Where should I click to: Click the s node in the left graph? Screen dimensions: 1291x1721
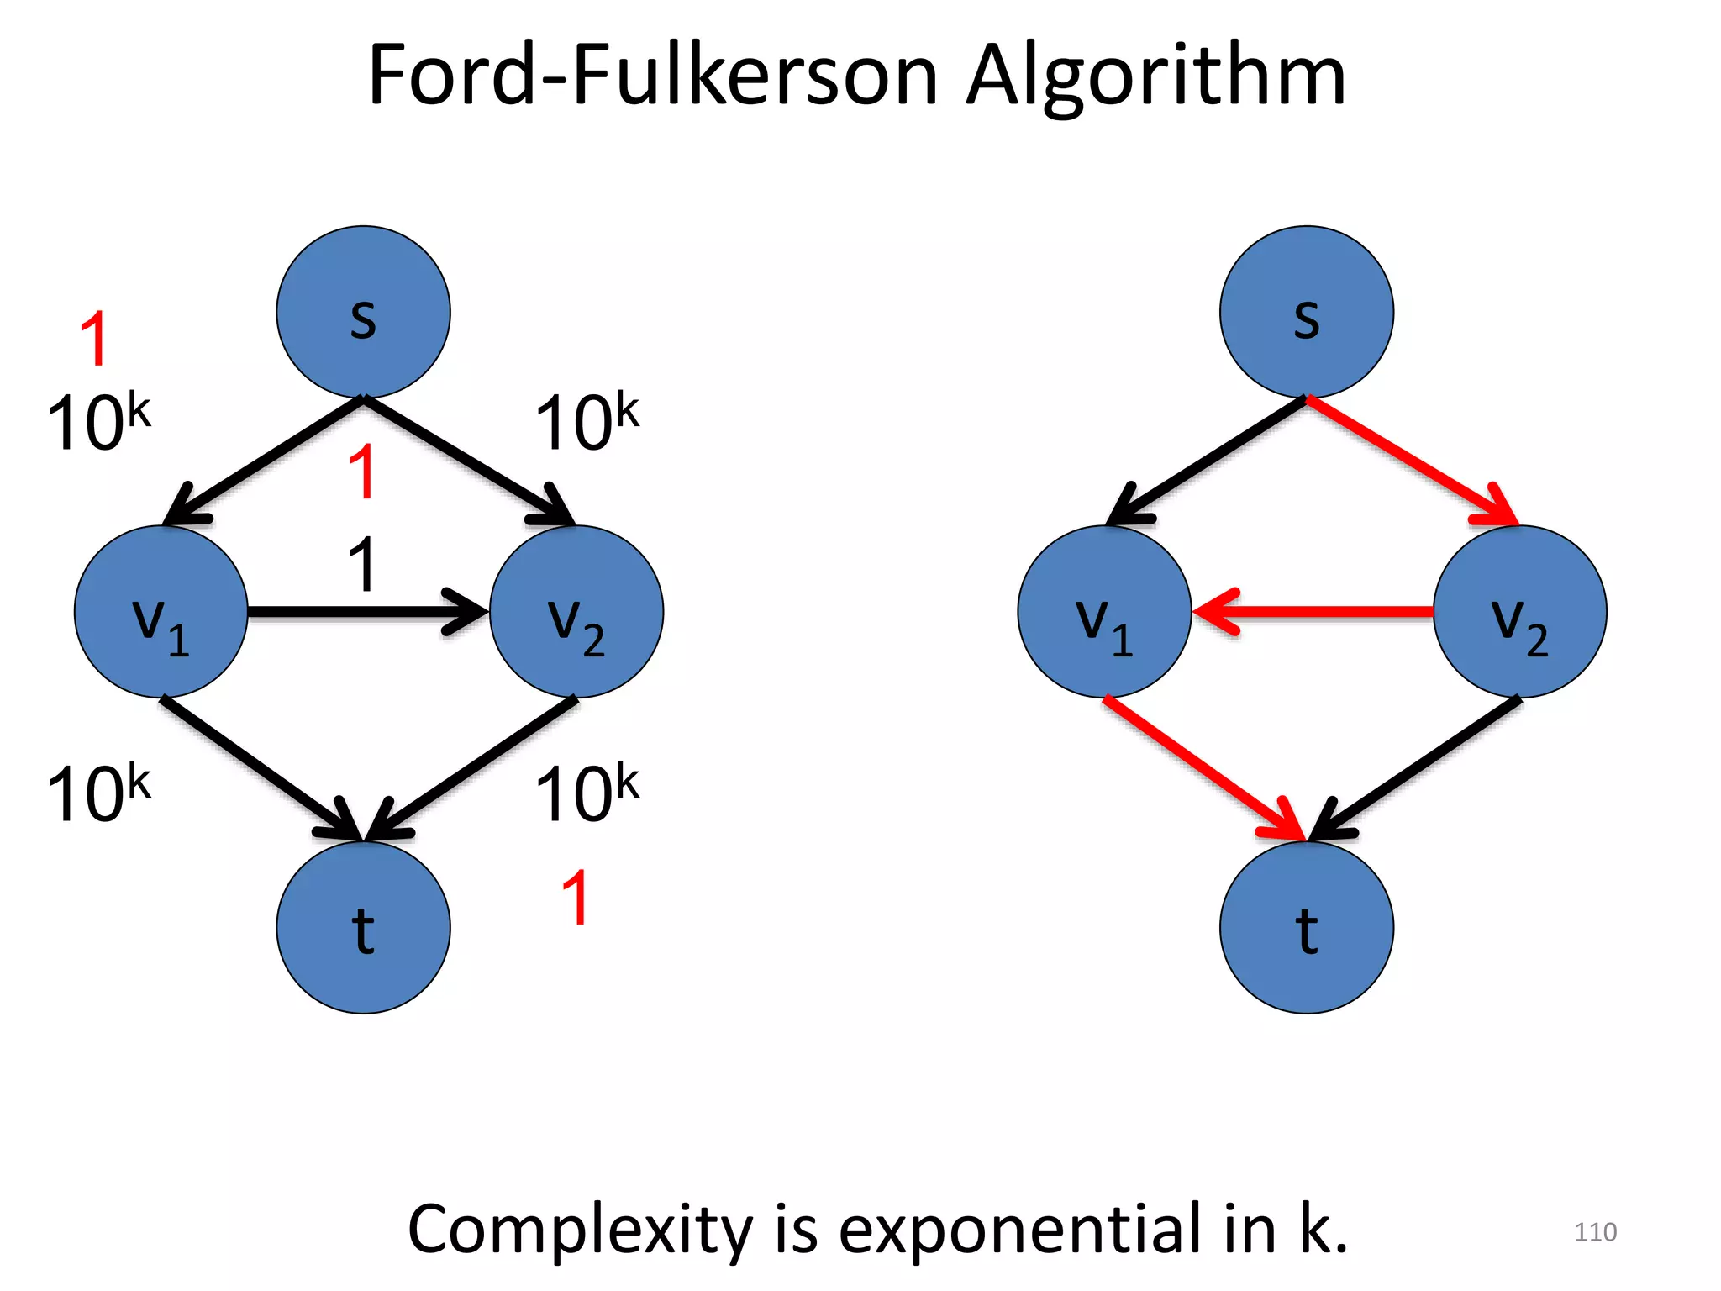click(x=363, y=312)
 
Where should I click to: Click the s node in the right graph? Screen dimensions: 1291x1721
click(x=1306, y=312)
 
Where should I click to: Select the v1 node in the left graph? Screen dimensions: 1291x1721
click(x=161, y=612)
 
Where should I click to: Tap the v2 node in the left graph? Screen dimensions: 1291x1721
click(x=576, y=612)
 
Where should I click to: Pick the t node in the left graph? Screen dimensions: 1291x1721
click(x=363, y=927)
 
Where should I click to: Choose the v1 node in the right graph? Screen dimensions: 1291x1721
click(x=1103, y=612)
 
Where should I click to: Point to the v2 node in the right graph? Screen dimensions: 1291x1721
click(x=1519, y=612)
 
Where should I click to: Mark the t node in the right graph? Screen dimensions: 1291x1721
click(x=1306, y=927)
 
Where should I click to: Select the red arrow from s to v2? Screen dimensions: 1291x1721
click(x=1412, y=461)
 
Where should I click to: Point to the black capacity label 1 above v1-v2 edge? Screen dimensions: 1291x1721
click(x=362, y=565)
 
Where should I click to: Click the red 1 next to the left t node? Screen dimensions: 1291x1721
click(x=576, y=898)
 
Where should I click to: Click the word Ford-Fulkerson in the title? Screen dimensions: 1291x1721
click(x=652, y=77)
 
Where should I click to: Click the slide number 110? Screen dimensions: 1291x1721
click(x=1594, y=1232)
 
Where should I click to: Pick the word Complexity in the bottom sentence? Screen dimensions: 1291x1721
click(x=580, y=1230)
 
